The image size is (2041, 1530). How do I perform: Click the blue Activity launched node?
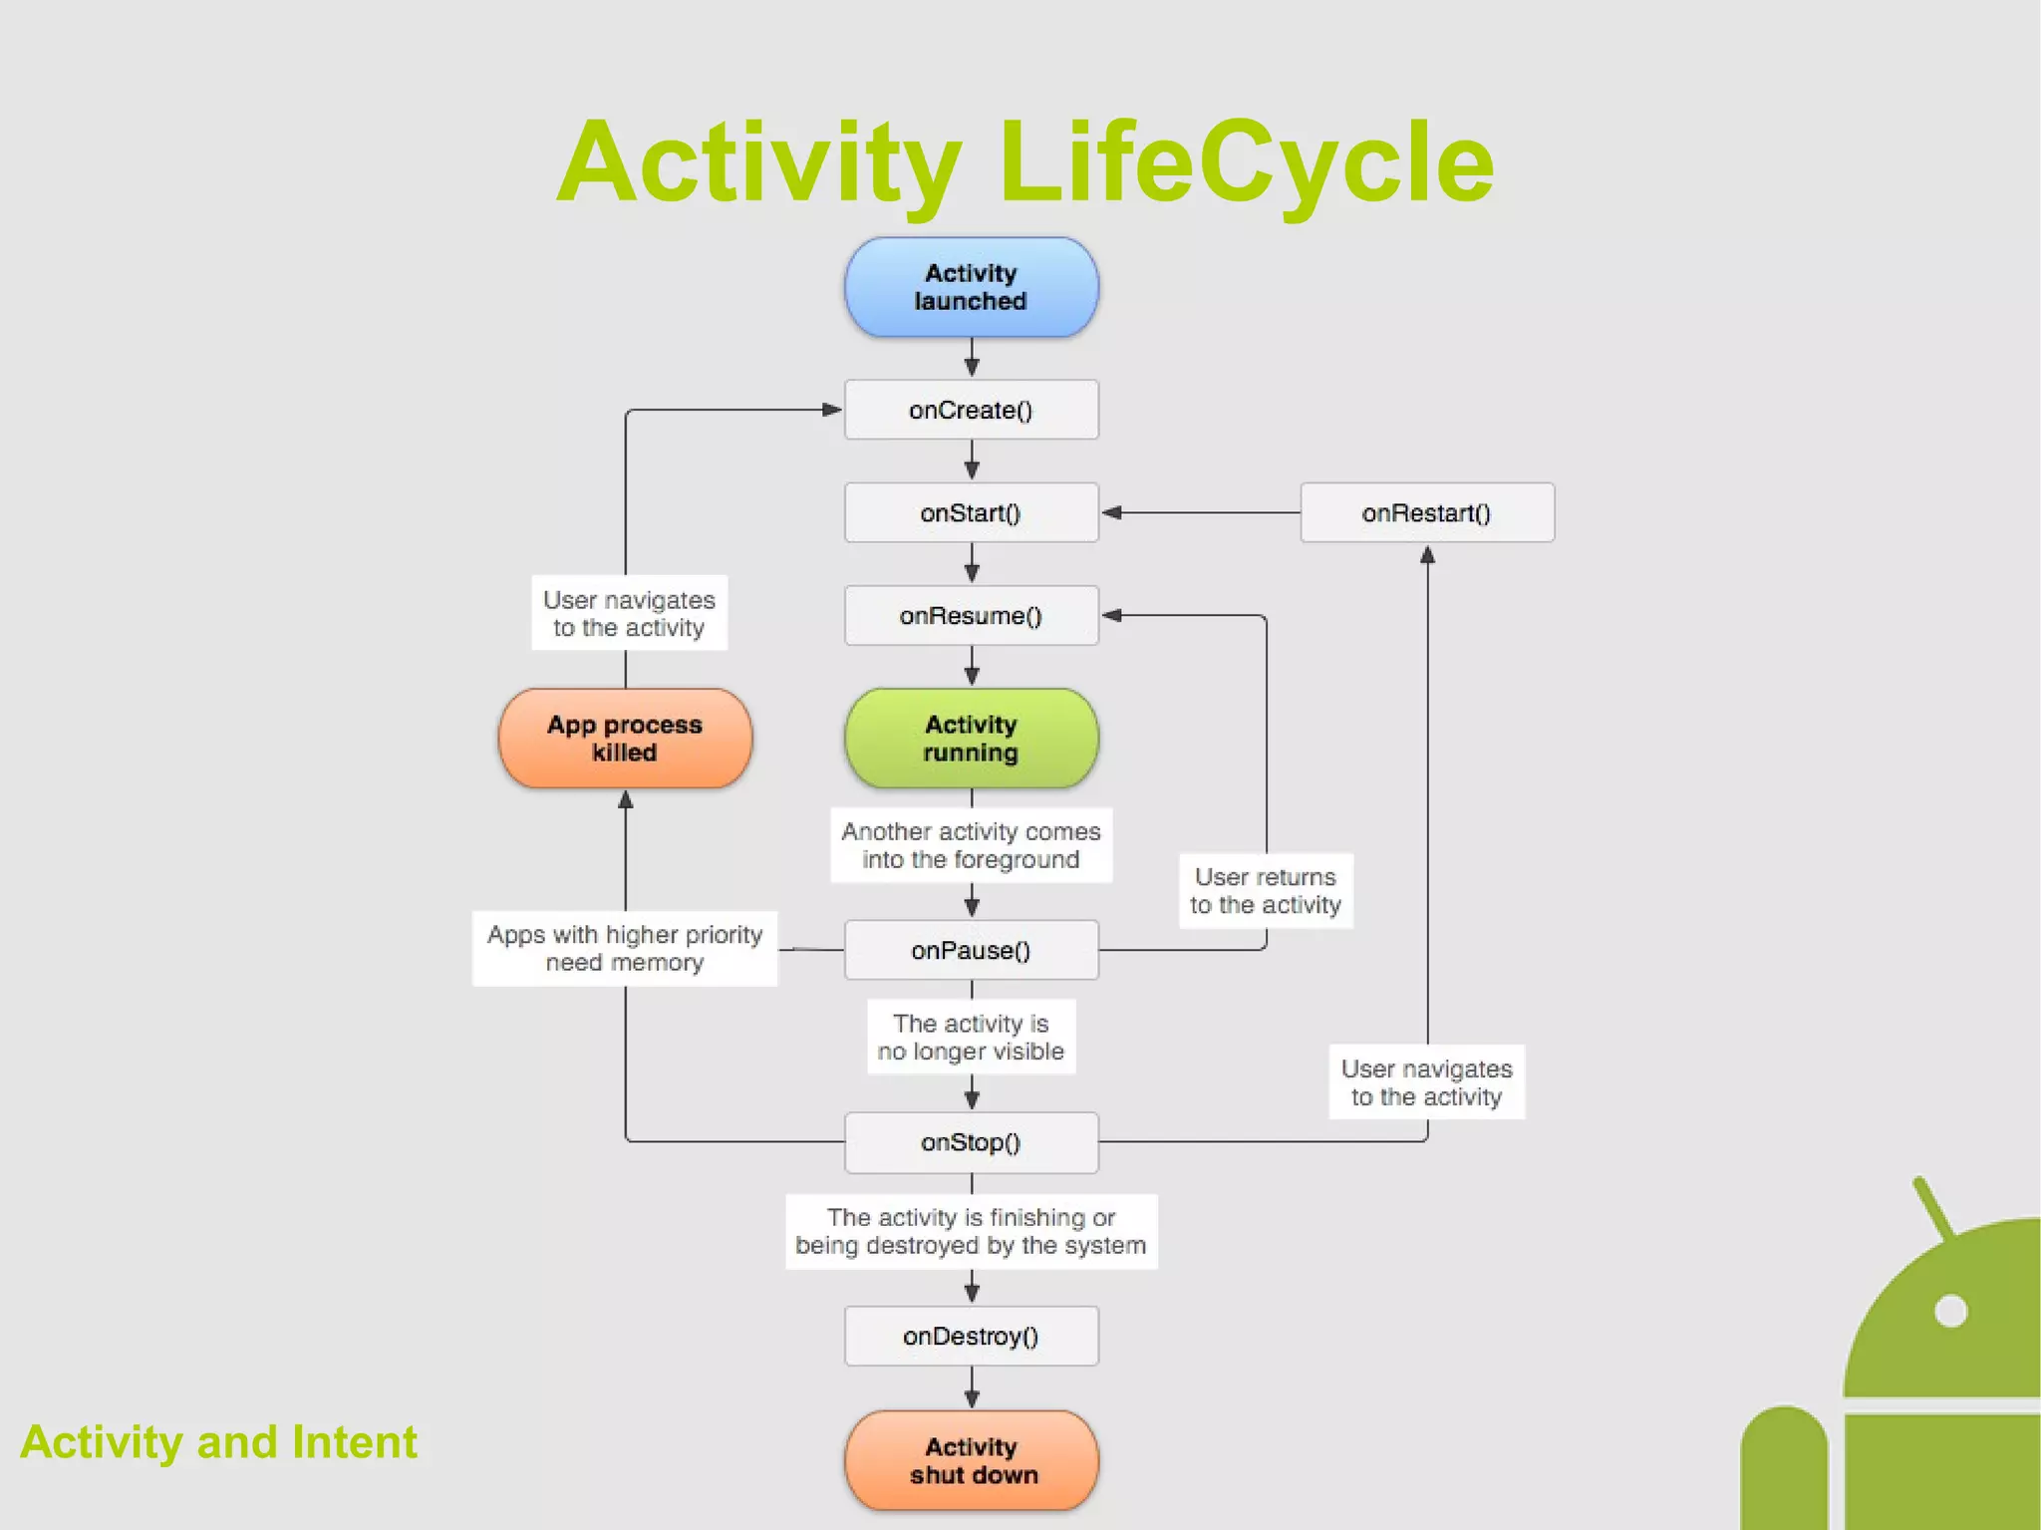(x=972, y=287)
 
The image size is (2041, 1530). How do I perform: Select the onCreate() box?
(x=972, y=410)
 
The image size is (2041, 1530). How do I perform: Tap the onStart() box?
(x=972, y=513)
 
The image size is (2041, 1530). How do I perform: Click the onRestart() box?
(x=1426, y=513)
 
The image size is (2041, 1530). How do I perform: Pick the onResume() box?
(x=972, y=616)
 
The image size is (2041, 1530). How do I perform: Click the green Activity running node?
(x=972, y=739)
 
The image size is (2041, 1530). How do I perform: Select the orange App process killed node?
(x=625, y=739)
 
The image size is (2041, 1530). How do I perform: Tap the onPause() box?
(x=972, y=950)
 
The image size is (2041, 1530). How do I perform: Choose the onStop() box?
(x=972, y=1142)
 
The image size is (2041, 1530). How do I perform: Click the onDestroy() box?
(x=972, y=1336)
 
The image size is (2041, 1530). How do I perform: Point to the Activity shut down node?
(x=972, y=1460)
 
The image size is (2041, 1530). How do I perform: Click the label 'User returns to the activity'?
(x=1266, y=891)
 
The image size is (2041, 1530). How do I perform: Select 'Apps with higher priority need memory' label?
(x=625, y=949)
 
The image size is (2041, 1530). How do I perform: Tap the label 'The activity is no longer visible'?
(x=972, y=1037)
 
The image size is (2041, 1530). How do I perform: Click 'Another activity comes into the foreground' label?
(x=972, y=845)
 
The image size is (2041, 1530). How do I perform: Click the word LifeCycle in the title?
(x=1246, y=162)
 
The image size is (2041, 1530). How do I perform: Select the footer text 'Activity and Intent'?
(x=218, y=1442)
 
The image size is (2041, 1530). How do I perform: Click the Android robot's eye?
(x=1950, y=1311)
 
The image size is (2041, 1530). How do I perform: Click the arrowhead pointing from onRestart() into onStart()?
(x=1112, y=512)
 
